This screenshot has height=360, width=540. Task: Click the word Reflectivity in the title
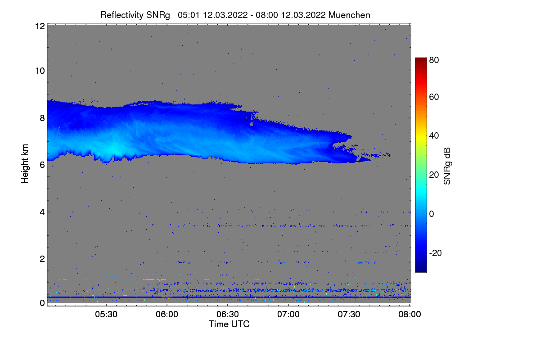tap(122, 15)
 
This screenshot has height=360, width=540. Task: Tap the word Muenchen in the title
tap(349, 15)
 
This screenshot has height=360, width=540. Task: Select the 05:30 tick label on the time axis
tap(106, 314)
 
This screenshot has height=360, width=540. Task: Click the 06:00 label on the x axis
tap(167, 314)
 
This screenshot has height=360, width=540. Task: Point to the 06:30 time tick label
tap(228, 314)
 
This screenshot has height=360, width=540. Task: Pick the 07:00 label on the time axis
tap(288, 314)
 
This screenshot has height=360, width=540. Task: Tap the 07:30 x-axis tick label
tap(349, 314)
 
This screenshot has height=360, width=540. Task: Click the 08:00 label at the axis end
tap(409, 314)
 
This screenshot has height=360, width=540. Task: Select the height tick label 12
tap(40, 26)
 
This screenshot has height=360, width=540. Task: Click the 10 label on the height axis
tap(40, 71)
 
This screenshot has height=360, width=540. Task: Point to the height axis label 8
tap(42, 118)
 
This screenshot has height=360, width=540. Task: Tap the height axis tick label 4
tap(42, 212)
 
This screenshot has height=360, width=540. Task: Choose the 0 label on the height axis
tap(42, 303)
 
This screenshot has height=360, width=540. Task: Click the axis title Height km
tap(25, 164)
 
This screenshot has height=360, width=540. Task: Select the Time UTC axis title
tap(229, 324)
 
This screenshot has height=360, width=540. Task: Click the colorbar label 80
tap(434, 60)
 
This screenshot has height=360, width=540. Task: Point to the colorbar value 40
tap(434, 136)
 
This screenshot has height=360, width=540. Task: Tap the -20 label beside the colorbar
tap(436, 253)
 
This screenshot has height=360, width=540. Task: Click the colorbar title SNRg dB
tap(447, 166)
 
